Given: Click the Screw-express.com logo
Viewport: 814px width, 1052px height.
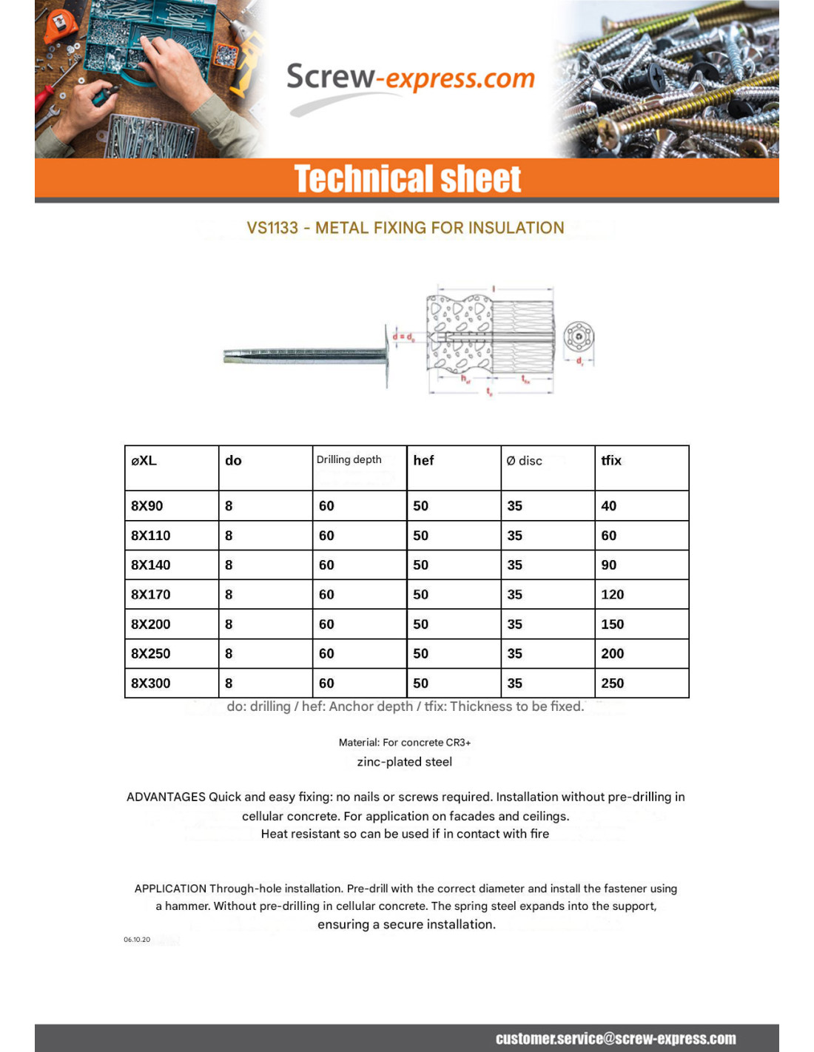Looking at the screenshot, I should click(x=410, y=78).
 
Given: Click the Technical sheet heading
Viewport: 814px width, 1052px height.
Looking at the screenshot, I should click(x=408, y=179).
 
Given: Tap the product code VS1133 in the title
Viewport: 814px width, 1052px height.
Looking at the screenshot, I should click(x=272, y=228).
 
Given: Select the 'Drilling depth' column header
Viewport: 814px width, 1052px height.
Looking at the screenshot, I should click(x=349, y=459).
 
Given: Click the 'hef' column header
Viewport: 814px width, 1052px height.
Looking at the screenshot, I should click(x=423, y=460).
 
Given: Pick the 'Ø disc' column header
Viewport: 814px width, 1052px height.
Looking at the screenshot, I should click(x=524, y=461).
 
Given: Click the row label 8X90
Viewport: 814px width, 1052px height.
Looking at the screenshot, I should click(x=147, y=506).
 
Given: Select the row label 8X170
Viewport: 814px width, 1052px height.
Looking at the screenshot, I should click(x=150, y=595).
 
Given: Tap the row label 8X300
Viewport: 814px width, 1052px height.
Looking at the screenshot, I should click(x=150, y=684).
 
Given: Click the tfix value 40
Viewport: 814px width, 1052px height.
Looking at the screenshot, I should click(x=608, y=506).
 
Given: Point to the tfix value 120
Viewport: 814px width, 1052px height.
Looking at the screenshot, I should click(x=612, y=595).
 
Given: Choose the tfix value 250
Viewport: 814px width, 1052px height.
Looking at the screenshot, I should click(x=612, y=684).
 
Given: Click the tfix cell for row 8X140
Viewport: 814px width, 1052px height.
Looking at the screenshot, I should click(x=608, y=565).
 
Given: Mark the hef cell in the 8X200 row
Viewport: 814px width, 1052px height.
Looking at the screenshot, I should click(x=420, y=624).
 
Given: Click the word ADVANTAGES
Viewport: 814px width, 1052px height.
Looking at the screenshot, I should click(x=166, y=797).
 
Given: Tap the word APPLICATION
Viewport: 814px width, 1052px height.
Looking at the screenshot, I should click(x=170, y=889).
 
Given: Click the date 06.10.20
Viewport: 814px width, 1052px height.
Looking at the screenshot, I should click(x=137, y=940).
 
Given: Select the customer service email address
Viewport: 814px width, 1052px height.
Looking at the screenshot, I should click(x=616, y=1039).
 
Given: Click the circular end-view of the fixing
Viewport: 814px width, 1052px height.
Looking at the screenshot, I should click(x=579, y=337).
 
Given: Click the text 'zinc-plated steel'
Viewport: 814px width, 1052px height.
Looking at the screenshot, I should click(x=404, y=762).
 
